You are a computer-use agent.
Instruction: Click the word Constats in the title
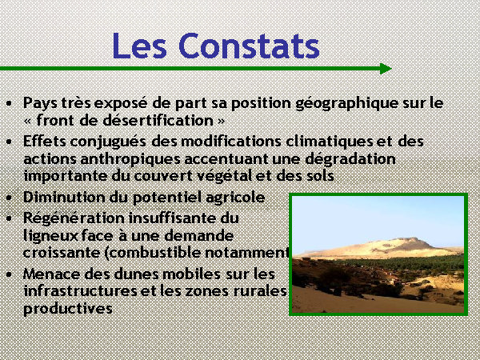pos(249,46)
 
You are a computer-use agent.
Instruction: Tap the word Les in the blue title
pos(139,46)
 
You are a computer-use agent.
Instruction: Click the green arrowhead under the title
pos(386,69)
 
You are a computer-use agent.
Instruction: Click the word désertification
pos(158,120)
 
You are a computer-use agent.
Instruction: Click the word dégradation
pos(350,159)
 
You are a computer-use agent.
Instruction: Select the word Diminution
pos(65,197)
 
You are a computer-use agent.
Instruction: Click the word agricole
pos(235,198)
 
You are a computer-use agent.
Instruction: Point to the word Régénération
pos(74,218)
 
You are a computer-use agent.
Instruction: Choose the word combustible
pos(153,253)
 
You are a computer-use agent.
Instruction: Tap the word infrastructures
pos(81,291)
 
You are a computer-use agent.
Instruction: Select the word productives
pos(68,309)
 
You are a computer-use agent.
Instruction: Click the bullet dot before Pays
pos(9,103)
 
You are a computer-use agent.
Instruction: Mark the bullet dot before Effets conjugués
pos(9,142)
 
